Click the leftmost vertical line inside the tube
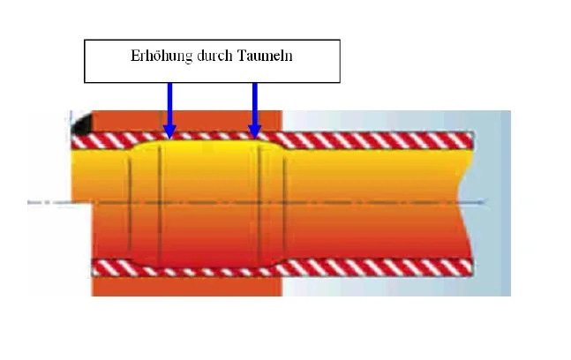coord(130,203)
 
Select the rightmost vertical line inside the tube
coord(283,203)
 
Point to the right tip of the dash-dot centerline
coord(485,202)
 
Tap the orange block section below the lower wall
coord(185,286)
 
